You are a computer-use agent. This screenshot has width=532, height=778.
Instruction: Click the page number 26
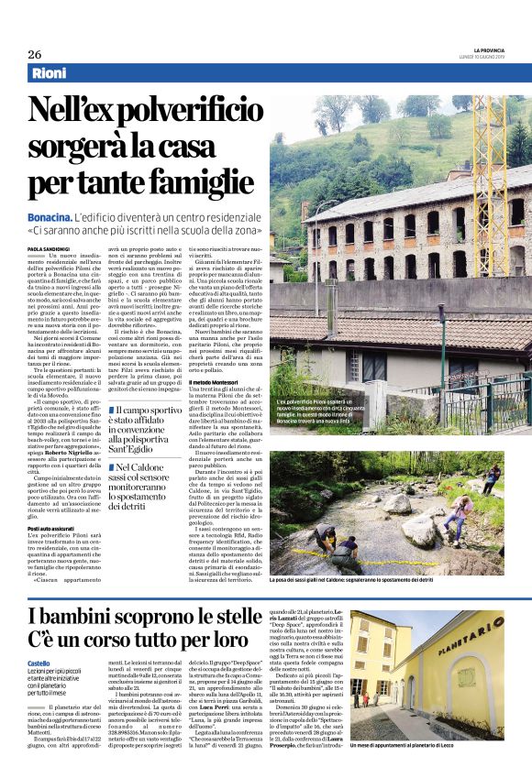click(34, 54)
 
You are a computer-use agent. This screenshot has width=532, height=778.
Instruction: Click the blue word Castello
click(39, 663)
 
